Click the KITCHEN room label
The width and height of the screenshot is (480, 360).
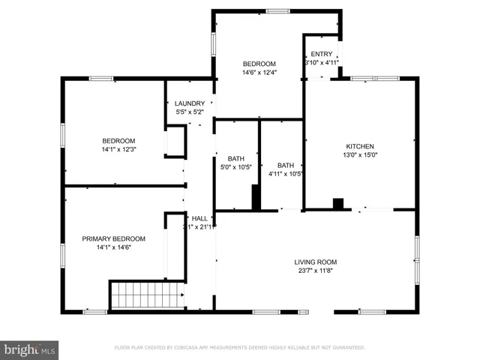click(x=359, y=146)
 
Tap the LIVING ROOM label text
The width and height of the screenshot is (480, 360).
click(x=315, y=262)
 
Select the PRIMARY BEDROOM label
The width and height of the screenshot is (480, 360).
click(x=113, y=238)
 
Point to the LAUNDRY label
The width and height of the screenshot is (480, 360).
click(x=190, y=103)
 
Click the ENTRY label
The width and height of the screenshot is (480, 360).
click(x=321, y=54)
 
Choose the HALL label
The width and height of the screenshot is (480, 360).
click(x=199, y=218)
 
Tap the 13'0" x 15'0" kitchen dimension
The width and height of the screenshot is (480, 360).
click(x=359, y=155)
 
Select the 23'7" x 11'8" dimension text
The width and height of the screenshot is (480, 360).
click(x=315, y=271)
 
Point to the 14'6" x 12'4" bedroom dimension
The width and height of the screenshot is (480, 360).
click(x=259, y=73)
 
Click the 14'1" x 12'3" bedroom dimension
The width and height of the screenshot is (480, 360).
click(x=118, y=150)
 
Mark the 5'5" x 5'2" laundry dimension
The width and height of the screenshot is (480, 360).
click(x=190, y=112)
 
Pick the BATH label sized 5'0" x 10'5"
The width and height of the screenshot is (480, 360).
click(x=236, y=158)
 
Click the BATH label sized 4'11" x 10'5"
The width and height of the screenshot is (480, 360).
click(x=286, y=166)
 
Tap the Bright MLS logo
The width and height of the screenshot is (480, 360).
click(x=29, y=349)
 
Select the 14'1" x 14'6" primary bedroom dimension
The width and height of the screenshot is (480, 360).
click(x=113, y=247)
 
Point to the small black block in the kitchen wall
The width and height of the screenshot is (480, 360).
click(x=337, y=203)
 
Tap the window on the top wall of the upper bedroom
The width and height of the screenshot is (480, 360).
click(x=277, y=11)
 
